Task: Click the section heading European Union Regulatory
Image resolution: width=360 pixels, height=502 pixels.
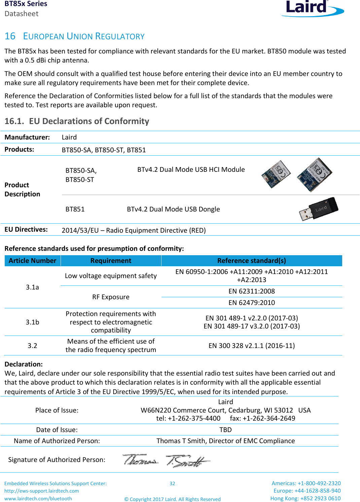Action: point(74,36)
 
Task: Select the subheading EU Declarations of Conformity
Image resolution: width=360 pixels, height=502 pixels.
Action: point(77,121)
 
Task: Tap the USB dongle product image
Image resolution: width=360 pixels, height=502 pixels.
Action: point(318,209)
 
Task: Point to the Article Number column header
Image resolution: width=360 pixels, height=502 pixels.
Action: point(32,261)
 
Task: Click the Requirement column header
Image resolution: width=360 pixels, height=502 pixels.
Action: point(111,261)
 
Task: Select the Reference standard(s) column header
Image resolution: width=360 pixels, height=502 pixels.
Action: point(251,261)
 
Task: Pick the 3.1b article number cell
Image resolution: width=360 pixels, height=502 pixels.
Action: point(32,322)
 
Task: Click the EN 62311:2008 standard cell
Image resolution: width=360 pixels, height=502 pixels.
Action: point(251,291)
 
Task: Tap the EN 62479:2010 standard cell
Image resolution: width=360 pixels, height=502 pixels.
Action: point(251,303)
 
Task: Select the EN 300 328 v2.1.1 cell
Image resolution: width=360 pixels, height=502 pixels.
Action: point(251,346)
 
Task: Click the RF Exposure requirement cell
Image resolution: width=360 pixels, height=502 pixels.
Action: point(111,297)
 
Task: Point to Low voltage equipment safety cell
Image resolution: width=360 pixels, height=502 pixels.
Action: point(111,276)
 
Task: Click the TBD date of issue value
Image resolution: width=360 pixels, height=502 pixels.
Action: point(225,430)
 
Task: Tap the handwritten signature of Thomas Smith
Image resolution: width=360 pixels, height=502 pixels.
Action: point(166,460)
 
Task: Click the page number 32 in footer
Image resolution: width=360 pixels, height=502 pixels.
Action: point(172,484)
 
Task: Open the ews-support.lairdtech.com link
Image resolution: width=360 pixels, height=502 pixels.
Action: point(42,491)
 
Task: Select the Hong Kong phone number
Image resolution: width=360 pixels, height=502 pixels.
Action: point(305,498)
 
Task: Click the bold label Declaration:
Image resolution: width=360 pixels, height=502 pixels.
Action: point(24,364)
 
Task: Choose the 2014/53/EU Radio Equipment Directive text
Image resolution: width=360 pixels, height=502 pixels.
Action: point(134,230)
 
